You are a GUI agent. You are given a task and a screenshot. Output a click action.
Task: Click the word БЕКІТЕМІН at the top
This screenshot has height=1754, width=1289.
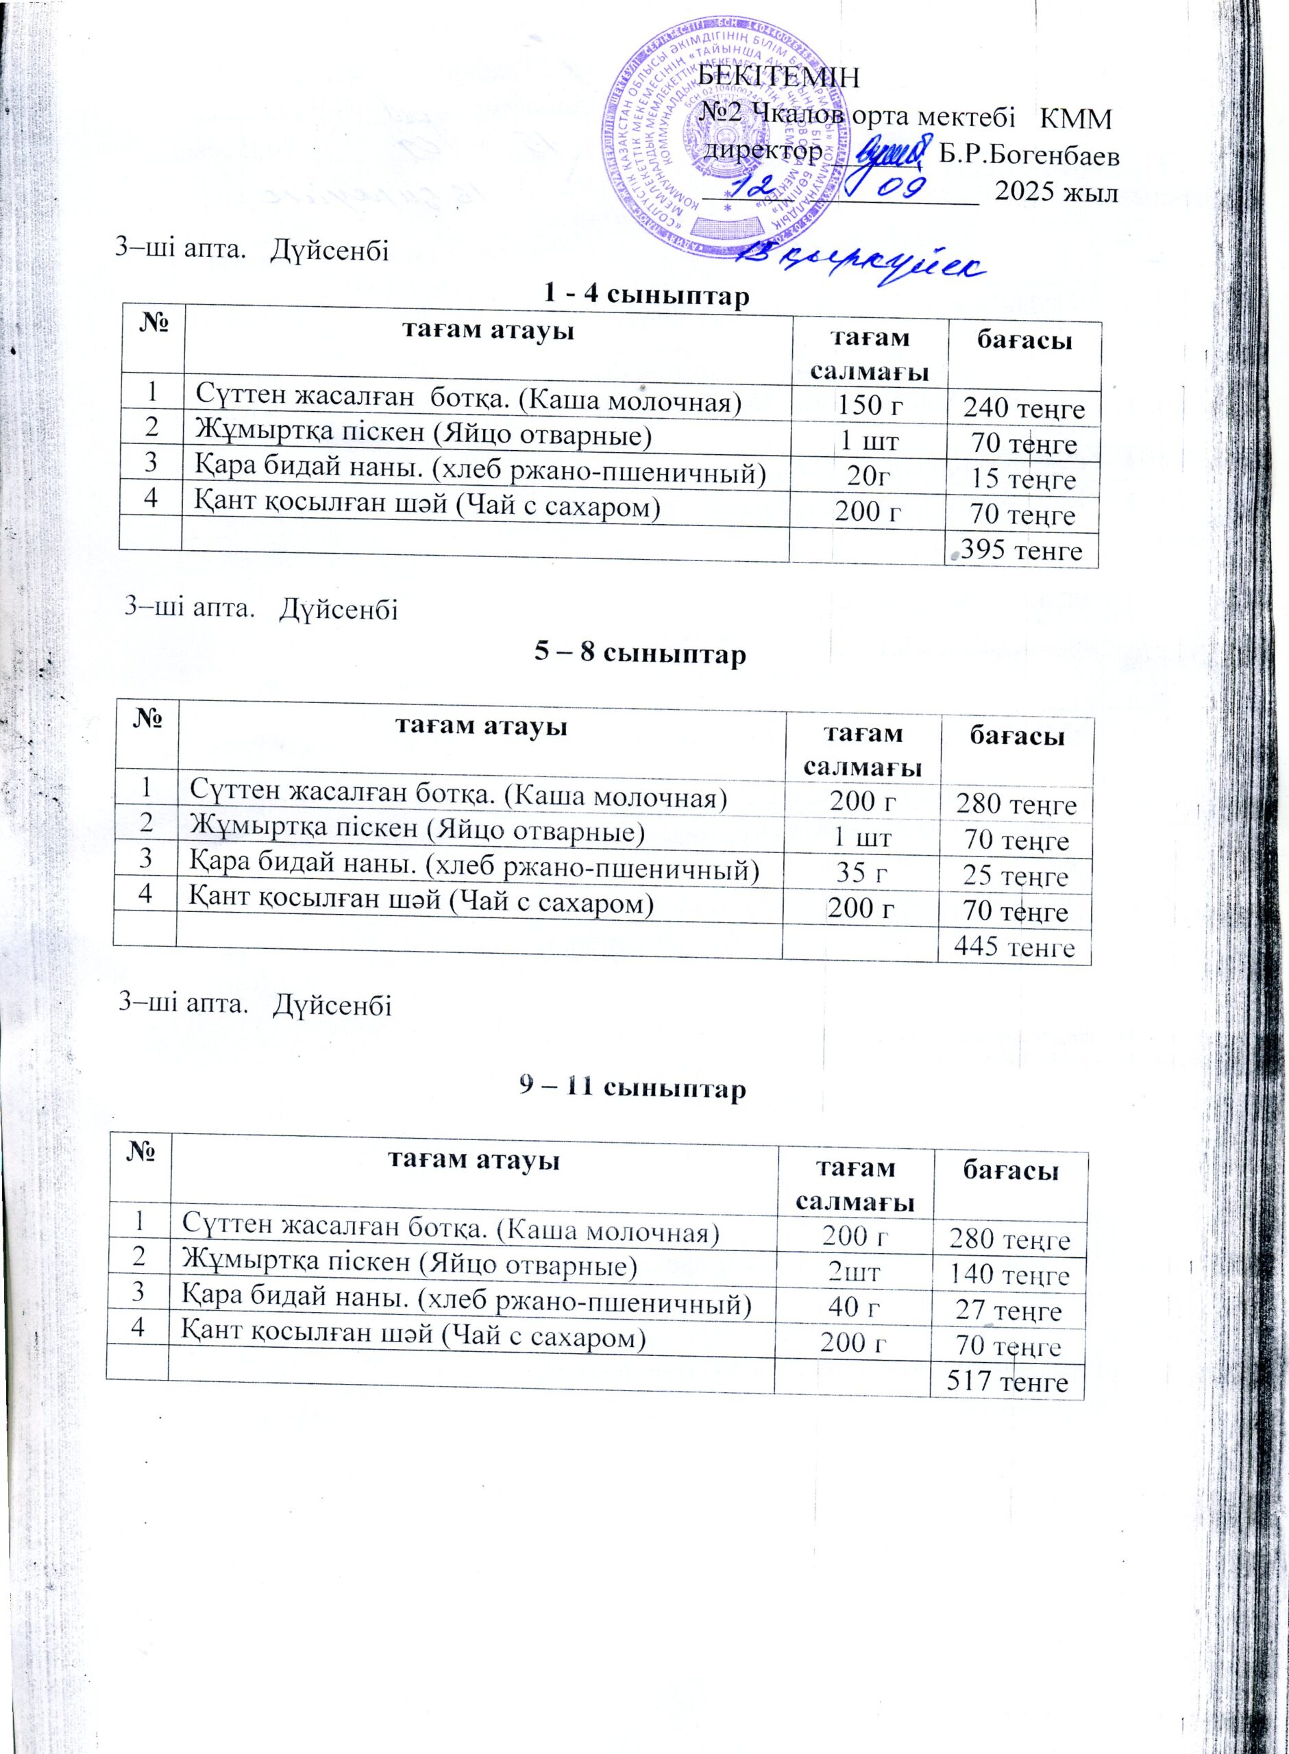778,77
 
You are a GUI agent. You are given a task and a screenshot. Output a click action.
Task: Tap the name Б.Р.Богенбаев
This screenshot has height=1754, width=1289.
1029,156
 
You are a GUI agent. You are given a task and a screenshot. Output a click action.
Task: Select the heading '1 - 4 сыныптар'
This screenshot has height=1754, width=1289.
644,295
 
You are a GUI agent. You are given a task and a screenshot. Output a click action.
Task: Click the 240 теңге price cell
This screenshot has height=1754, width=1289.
1024,408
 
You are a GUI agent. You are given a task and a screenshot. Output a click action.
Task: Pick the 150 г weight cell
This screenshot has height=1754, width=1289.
869,405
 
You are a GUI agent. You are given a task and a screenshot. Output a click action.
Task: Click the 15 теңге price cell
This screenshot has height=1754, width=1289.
1023,479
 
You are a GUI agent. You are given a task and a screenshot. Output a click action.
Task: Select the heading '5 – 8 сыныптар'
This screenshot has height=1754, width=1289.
640,654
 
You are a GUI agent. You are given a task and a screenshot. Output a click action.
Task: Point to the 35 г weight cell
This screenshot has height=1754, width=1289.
861,873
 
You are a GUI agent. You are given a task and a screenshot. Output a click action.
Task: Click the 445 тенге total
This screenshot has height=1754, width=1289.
1015,947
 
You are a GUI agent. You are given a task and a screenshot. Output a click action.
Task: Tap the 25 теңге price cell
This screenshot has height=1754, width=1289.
1015,876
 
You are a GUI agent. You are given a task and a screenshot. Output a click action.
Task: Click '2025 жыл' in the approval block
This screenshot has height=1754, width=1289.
1057,192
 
